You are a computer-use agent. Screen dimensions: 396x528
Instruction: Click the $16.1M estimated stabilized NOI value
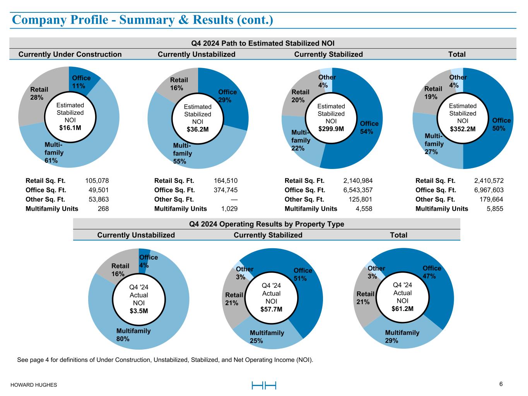[70, 128]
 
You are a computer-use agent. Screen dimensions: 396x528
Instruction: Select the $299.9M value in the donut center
[331, 129]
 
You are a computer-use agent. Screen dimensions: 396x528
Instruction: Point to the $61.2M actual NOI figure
[402, 308]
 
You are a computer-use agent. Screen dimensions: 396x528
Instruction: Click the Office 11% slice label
[81, 82]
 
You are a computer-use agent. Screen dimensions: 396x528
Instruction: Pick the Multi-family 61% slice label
[54, 152]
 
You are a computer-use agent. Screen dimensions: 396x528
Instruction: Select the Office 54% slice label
[369, 127]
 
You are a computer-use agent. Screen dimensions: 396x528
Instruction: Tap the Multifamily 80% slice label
[133, 335]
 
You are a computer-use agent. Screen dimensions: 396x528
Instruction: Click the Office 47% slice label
[432, 272]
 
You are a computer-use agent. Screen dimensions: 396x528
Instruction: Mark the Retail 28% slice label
[39, 94]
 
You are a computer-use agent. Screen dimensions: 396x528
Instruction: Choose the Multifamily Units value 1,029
[229, 208]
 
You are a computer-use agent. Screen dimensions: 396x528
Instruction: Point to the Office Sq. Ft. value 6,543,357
[358, 190]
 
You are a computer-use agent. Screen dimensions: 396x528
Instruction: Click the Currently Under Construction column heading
[70, 54]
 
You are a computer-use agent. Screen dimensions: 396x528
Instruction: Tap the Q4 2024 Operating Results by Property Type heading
[267, 224]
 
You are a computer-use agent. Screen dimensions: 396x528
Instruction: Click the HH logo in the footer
[264, 385]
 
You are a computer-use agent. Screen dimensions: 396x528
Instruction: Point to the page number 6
[501, 384]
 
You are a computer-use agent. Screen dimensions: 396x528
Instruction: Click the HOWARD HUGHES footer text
[33, 385]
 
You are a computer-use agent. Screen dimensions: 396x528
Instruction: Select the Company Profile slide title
[142, 20]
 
